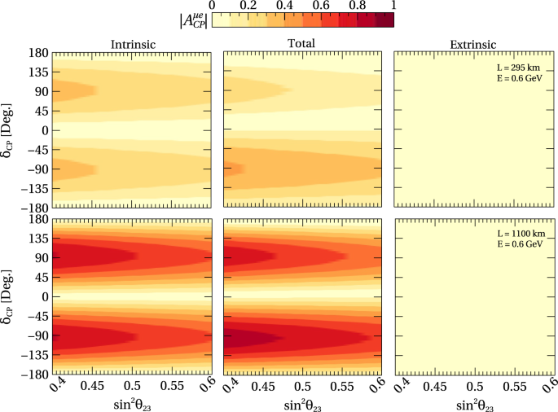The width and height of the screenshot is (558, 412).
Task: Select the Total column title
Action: [x=301, y=44]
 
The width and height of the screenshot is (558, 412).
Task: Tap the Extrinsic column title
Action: [x=472, y=44]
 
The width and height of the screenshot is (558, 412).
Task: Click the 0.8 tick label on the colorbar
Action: [x=357, y=5]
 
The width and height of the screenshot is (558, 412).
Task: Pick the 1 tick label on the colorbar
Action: [x=393, y=5]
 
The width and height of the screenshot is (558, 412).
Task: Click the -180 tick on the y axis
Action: [x=33, y=375]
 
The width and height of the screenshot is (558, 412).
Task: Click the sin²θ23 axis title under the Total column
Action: [x=302, y=403]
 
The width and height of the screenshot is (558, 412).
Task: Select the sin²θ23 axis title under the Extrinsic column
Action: [x=473, y=403]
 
